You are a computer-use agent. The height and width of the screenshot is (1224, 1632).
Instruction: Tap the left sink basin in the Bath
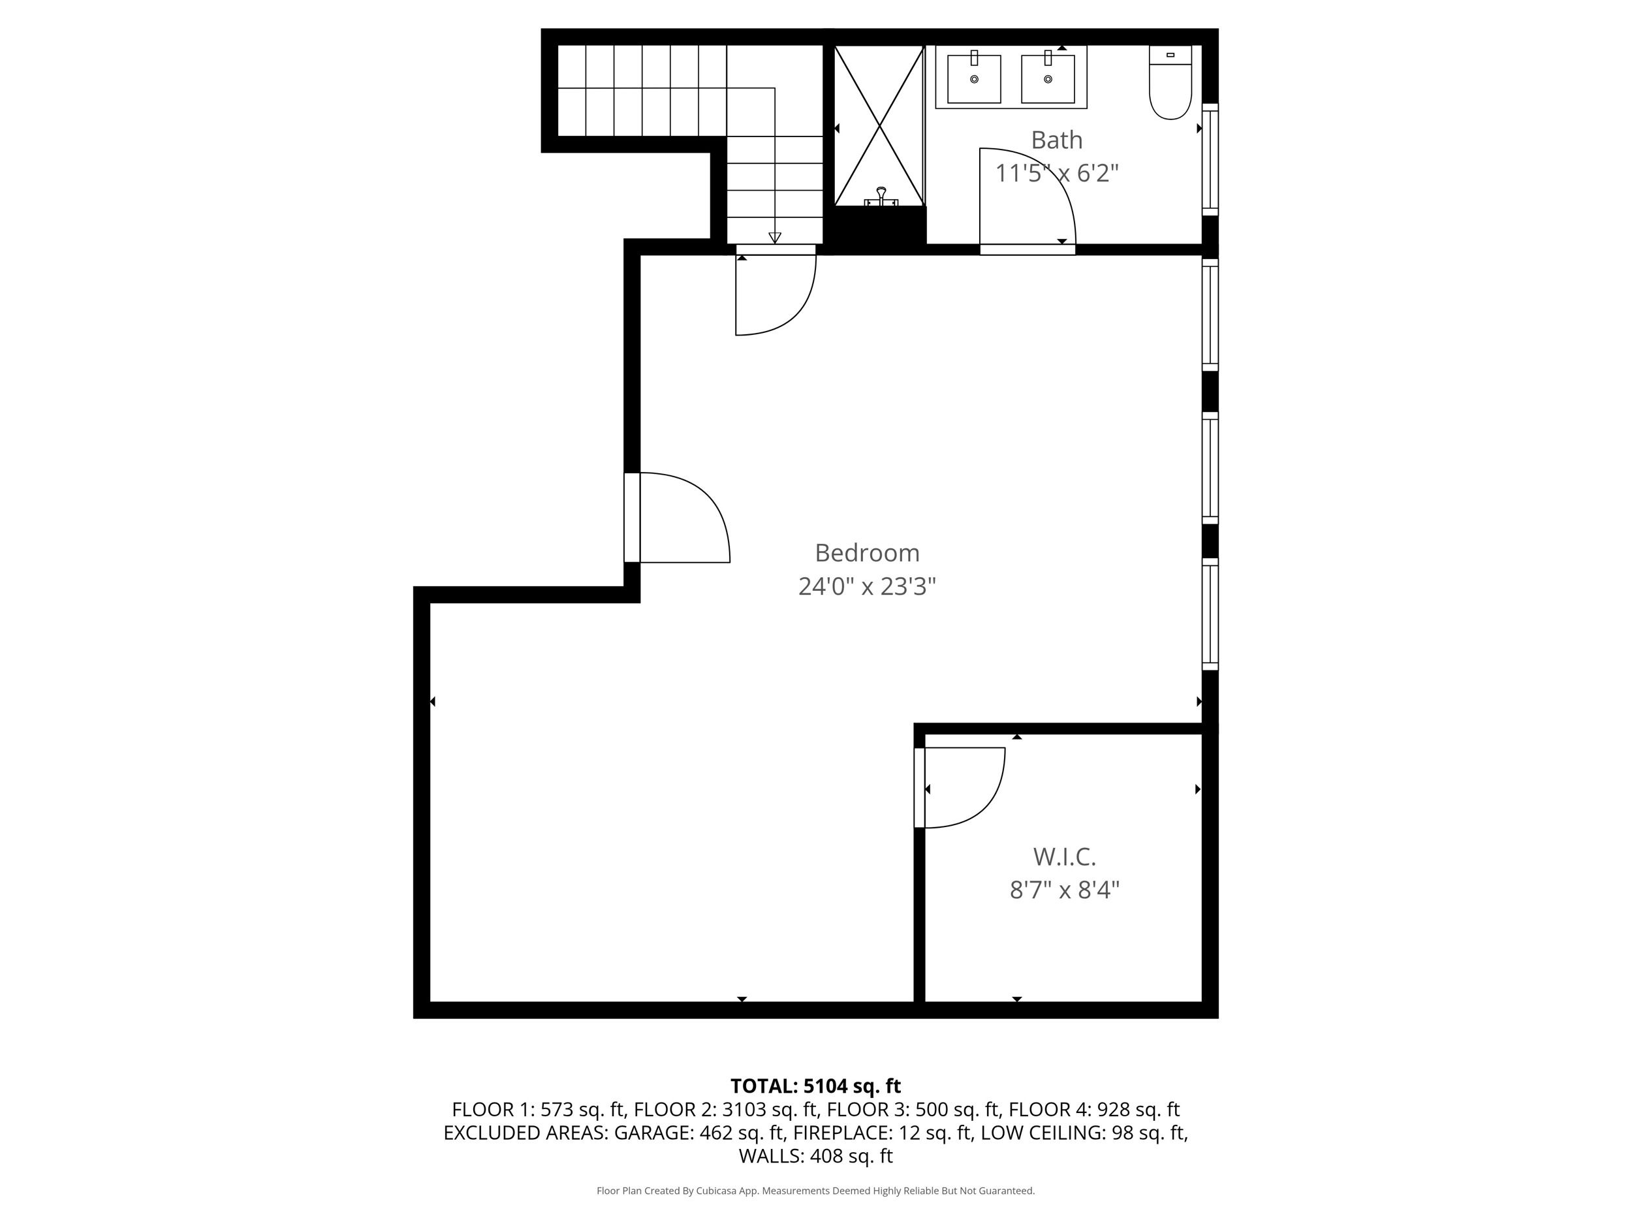[974, 78]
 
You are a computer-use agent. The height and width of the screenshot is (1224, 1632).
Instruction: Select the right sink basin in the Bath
[1048, 78]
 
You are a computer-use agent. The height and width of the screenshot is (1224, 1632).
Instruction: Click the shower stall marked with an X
[879, 125]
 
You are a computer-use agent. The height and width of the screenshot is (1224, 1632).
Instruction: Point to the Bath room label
[1056, 140]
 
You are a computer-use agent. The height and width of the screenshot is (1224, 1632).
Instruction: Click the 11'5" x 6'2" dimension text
[1056, 174]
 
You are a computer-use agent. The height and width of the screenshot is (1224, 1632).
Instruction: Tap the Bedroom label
[867, 553]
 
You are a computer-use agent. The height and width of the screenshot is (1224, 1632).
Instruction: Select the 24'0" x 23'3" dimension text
[867, 587]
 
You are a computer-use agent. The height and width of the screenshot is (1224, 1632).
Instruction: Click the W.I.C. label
[1064, 856]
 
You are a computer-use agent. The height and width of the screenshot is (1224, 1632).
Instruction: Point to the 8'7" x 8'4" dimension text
[1064, 890]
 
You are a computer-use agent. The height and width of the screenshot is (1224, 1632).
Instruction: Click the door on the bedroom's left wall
[708, 502]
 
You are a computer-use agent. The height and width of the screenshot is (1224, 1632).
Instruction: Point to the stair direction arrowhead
[775, 238]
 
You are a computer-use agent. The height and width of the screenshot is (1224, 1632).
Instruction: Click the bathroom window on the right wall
[1210, 159]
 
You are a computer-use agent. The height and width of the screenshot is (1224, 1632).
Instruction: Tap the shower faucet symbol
[881, 197]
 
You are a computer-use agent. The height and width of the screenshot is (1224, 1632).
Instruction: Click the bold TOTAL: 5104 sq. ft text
[815, 1086]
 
